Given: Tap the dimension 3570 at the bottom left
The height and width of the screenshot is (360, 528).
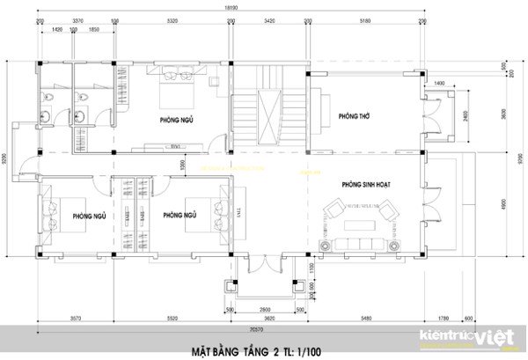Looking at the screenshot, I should [x=76, y=319].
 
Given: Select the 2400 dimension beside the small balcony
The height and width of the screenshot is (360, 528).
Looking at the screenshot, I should [x=465, y=114].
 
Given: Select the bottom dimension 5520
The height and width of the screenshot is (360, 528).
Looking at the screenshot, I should [x=172, y=319].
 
